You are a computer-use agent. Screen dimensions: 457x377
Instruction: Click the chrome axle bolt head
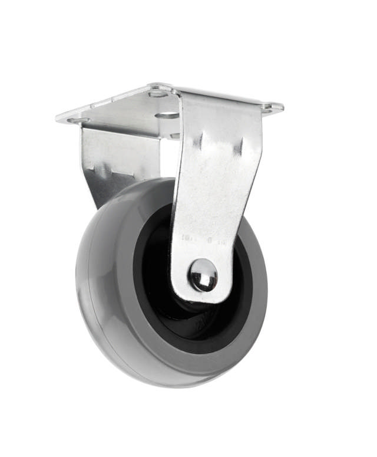pos(203,275)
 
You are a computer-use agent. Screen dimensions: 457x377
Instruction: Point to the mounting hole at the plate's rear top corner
pos(158,93)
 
